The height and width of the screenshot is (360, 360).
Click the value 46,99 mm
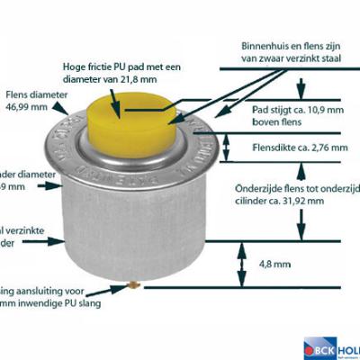(x=24, y=106)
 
